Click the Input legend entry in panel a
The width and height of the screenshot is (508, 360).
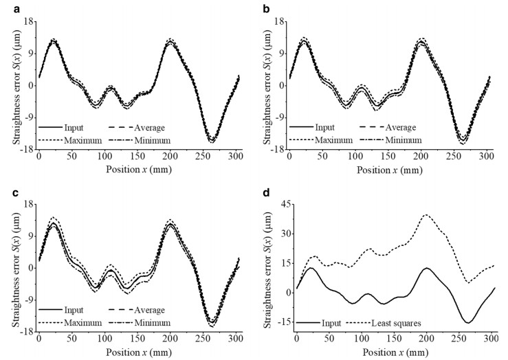click(76, 127)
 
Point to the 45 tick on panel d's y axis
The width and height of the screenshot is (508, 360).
click(285, 204)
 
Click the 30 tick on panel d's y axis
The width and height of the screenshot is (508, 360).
click(285, 233)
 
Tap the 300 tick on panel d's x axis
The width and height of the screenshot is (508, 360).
click(492, 339)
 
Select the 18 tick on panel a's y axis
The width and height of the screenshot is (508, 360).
click(28, 22)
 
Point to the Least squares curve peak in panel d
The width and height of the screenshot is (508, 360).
click(426, 215)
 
